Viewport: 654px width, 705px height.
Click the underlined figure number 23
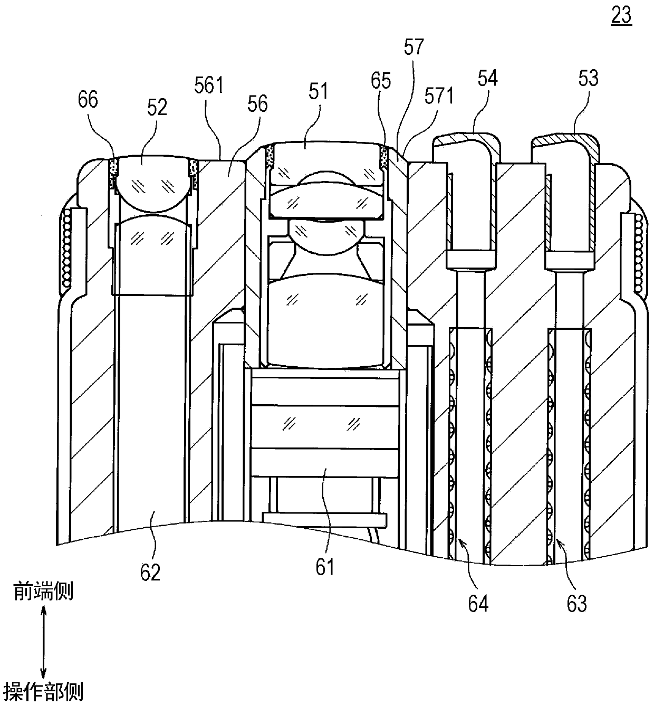[x=621, y=16]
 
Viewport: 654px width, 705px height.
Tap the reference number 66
[x=88, y=100]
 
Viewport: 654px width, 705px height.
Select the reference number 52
[x=157, y=107]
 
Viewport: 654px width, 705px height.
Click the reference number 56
[x=257, y=104]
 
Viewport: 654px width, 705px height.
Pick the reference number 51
[x=318, y=91]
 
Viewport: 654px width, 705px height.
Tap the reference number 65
[x=381, y=81]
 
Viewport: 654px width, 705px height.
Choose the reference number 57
[x=414, y=47]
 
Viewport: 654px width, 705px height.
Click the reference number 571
[x=439, y=96]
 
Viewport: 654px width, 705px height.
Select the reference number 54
[x=487, y=79]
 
